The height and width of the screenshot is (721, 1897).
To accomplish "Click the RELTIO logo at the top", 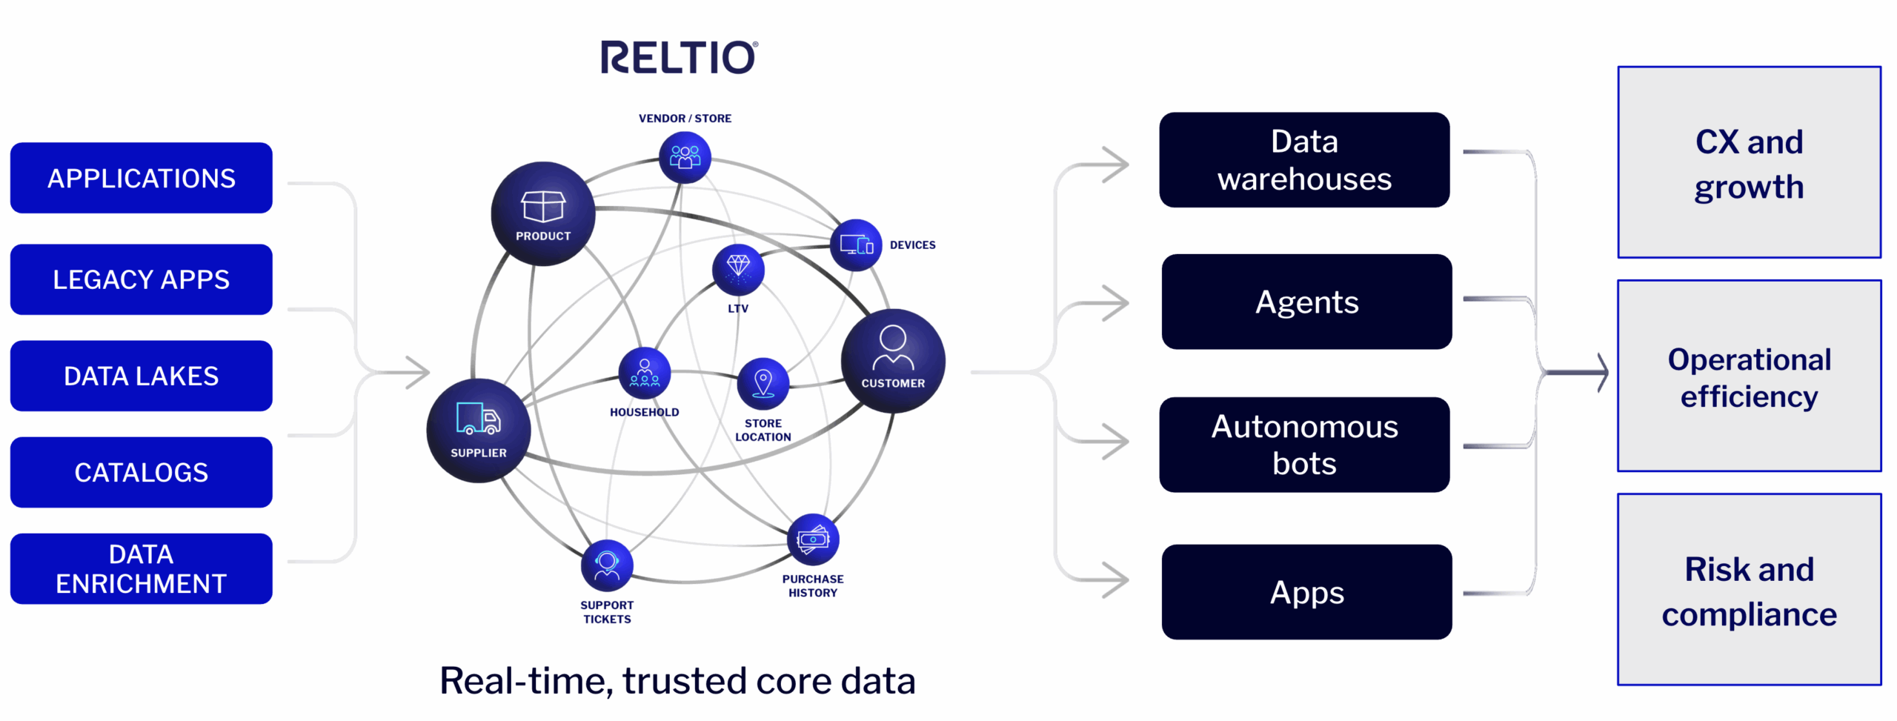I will [679, 57].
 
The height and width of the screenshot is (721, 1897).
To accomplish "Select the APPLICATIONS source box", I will [141, 178].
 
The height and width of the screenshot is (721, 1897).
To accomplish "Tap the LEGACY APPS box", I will [141, 279].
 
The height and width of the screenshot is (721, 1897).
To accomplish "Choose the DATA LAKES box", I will [141, 376].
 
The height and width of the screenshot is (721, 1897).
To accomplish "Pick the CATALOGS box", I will [141, 472].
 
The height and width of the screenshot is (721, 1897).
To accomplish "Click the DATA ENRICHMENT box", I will [141, 568].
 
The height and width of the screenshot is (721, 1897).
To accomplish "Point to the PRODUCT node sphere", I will [542, 213].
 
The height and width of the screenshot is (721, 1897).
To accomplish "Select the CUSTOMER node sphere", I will [893, 361].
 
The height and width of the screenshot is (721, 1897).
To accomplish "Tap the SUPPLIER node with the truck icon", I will [478, 430].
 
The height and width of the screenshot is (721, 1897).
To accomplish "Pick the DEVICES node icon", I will [856, 245].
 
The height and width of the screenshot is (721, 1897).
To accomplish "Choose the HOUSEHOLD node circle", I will [644, 373].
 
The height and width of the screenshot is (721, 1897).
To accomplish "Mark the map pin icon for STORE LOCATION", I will [763, 383].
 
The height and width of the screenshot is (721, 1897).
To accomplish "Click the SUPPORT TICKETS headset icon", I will [607, 565].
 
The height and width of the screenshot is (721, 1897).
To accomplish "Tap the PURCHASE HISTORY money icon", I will [813, 539].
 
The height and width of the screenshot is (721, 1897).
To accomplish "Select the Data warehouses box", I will [1304, 160].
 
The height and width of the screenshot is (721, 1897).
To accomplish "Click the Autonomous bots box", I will [1304, 445].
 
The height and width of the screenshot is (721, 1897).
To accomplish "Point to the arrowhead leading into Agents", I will [1115, 303].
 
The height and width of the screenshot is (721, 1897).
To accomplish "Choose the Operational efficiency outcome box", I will [1749, 376].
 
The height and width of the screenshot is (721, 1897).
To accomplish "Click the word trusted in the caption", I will [682, 681].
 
